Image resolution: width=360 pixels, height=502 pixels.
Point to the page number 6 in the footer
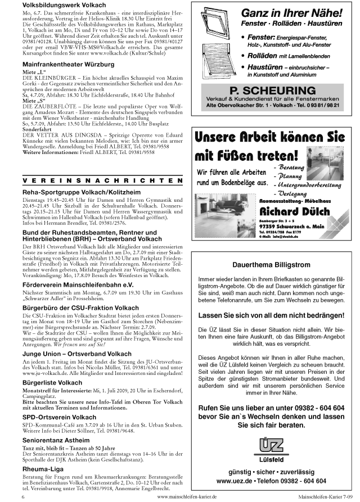point(24,498)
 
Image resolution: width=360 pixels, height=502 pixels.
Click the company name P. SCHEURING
point(272,91)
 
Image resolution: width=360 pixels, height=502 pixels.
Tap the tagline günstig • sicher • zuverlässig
point(271,471)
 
